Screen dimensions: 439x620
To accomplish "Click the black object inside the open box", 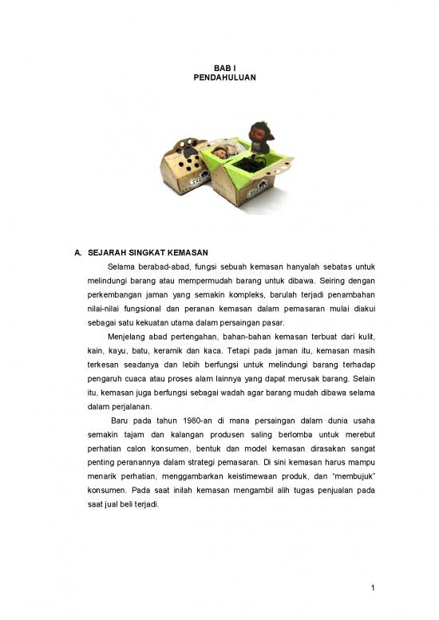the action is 254,166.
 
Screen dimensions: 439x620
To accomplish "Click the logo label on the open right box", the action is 257,192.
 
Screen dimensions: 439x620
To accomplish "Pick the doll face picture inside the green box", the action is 222,152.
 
